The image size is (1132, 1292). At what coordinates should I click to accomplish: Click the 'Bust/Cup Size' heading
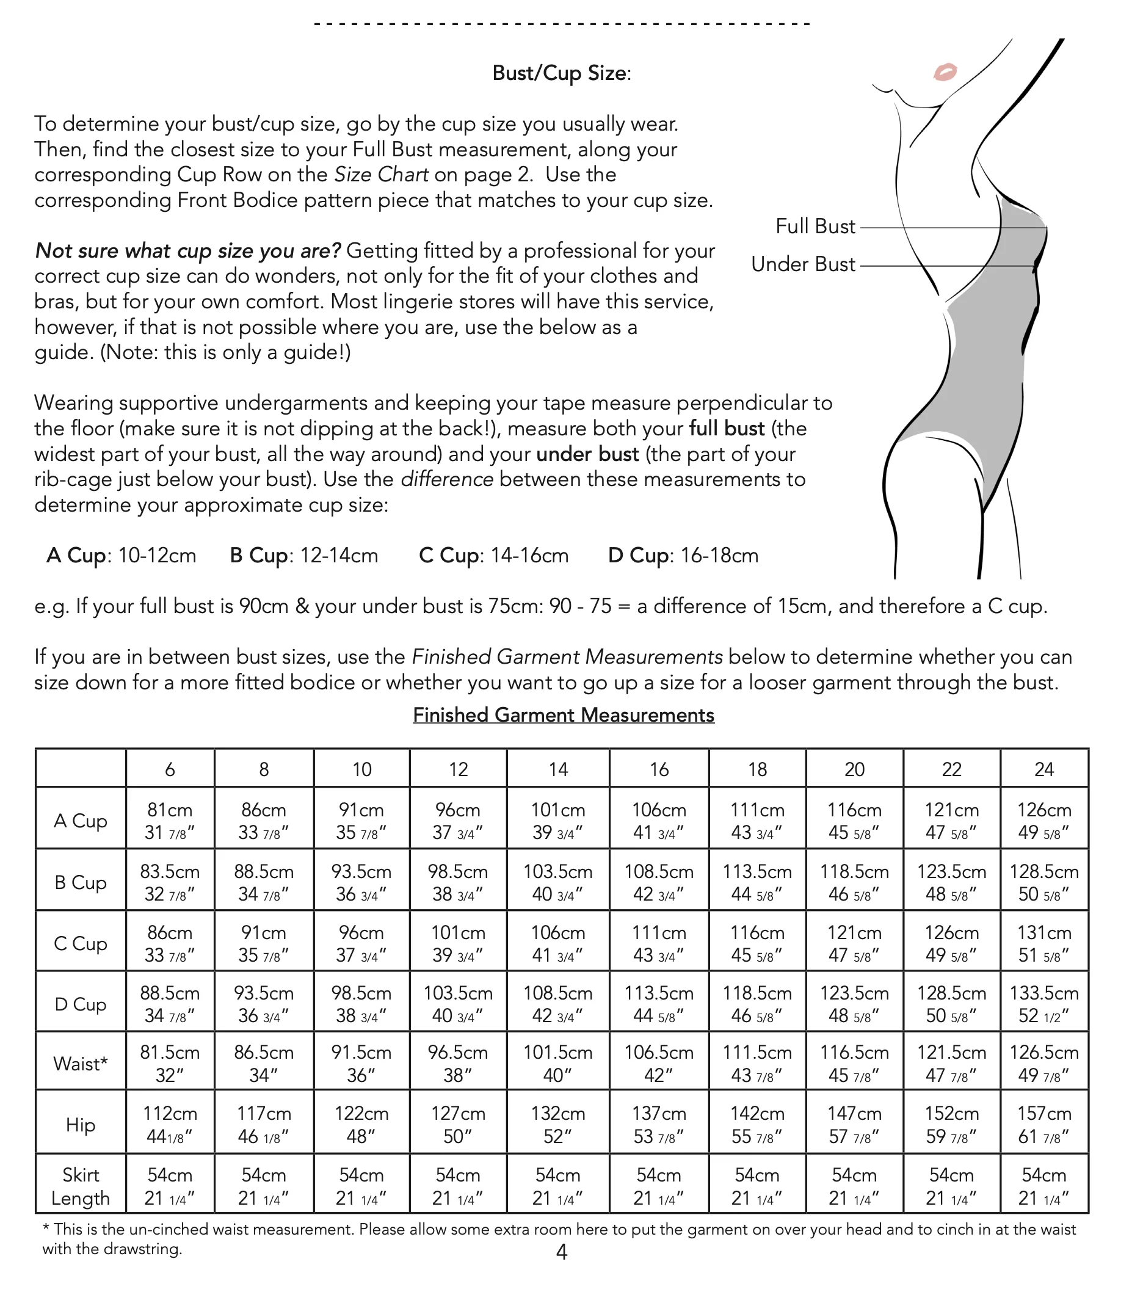tap(561, 73)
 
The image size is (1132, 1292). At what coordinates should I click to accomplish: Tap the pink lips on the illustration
tap(945, 72)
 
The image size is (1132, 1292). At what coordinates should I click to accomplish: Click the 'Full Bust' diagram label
tap(815, 226)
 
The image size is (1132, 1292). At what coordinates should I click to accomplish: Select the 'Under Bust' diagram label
tap(803, 264)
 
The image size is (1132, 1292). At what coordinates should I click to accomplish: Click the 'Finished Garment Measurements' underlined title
tap(564, 714)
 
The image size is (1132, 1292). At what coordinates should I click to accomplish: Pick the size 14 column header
tap(558, 769)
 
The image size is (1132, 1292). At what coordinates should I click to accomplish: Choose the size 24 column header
tap(1043, 769)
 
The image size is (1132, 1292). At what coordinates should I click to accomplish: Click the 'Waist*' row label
tap(80, 1063)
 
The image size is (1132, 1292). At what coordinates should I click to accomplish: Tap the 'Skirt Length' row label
tap(80, 1186)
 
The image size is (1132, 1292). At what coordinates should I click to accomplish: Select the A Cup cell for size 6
tap(169, 820)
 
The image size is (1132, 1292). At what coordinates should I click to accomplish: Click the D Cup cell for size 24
tap(1043, 1003)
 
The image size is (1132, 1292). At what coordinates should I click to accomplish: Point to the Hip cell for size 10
tap(361, 1125)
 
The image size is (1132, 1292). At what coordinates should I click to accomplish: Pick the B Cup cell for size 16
tap(658, 882)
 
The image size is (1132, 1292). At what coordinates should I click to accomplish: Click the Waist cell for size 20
tap(854, 1063)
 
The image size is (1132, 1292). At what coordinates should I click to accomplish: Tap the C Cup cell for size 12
tap(458, 943)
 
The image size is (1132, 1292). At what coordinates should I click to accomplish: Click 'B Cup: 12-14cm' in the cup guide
tap(304, 556)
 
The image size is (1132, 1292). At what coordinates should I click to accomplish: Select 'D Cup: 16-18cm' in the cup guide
tap(683, 556)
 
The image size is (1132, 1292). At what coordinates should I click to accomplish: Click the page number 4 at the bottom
tap(562, 1252)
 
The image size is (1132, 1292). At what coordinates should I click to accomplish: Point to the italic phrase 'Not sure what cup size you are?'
tap(187, 251)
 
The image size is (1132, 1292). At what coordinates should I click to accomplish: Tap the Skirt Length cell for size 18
tap(756, 1186)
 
